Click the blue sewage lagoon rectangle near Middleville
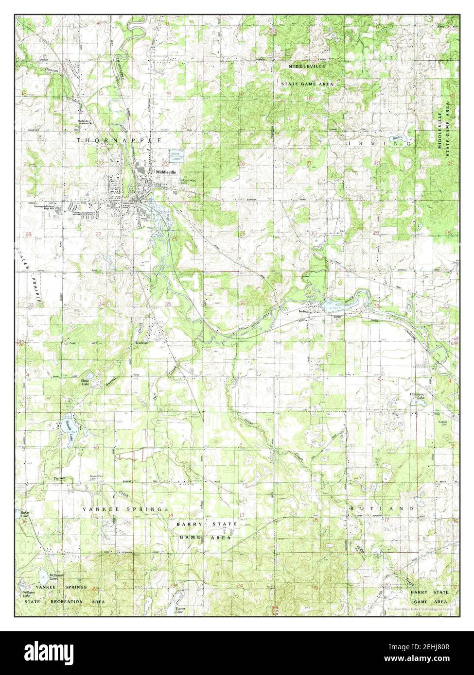177,155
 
